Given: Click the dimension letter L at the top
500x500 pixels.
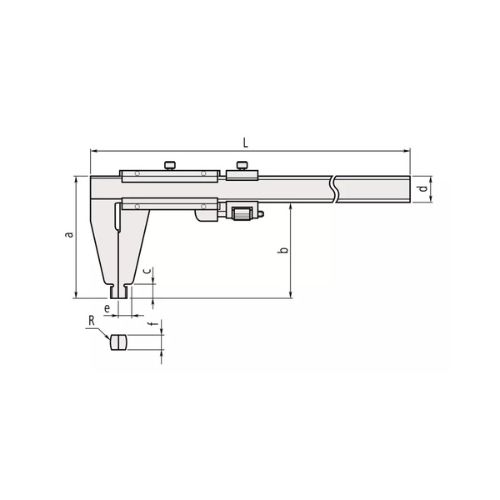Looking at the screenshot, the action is coord(245,143).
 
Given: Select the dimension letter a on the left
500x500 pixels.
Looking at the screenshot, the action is coord(69,234).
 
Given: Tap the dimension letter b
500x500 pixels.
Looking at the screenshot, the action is coord(283,249).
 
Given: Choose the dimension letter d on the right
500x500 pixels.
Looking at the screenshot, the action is coord(423,188).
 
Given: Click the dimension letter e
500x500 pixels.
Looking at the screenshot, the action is coord(107,309).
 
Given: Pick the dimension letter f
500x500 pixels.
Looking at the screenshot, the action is coord(154,323).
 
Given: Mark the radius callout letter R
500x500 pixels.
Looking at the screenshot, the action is coord(91,321).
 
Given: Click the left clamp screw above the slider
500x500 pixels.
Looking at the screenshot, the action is coord(170,165).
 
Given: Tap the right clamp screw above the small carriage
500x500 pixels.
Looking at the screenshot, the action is coord(242,165).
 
